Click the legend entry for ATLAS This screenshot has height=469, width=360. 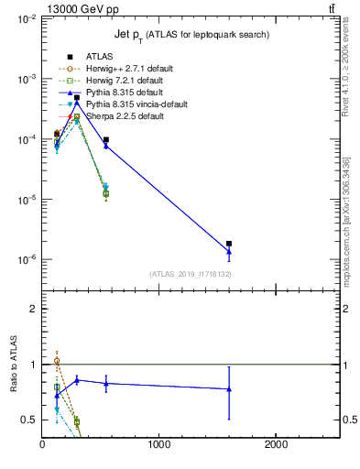coord(98,57)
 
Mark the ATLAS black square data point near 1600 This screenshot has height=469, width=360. coord(229,244)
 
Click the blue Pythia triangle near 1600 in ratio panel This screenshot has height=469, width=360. coord(229,389)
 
